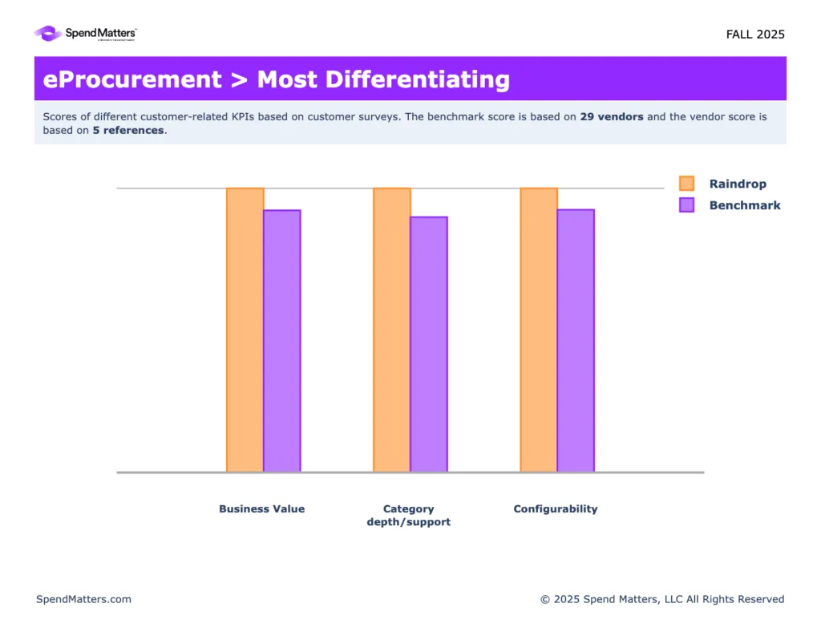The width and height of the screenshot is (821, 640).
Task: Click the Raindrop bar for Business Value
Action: click(245, 330)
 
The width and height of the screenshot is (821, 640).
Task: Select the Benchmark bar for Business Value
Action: click(281, 341)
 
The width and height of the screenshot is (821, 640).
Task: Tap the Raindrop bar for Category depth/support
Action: click(391, 330)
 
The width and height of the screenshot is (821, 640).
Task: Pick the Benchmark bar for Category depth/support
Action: click(429, 344)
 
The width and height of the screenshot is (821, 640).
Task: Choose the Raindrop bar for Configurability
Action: click(539, 330)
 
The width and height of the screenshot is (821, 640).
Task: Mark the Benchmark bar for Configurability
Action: click(576, 341)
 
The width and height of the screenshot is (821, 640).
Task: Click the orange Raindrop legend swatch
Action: click(686, 184)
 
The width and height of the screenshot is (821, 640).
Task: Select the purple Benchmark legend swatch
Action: click(686, 205)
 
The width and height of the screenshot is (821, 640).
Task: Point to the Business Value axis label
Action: click(261, 508)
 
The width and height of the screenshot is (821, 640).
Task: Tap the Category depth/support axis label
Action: click(409, 515)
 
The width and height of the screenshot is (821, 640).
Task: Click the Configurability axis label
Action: click(556, 508)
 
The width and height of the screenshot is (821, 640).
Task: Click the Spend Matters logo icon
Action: click(47, 34)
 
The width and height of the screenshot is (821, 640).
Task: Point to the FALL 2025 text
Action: click(755, 34)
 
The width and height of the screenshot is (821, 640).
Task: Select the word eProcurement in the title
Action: click(132, 79)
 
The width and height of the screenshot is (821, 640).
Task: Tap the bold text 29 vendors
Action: click(612, 116)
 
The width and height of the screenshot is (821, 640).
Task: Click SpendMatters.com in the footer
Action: click(83, 599)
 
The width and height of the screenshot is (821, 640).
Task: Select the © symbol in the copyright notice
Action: click(545, 599)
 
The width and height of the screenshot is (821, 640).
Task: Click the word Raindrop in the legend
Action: click(738, 184)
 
